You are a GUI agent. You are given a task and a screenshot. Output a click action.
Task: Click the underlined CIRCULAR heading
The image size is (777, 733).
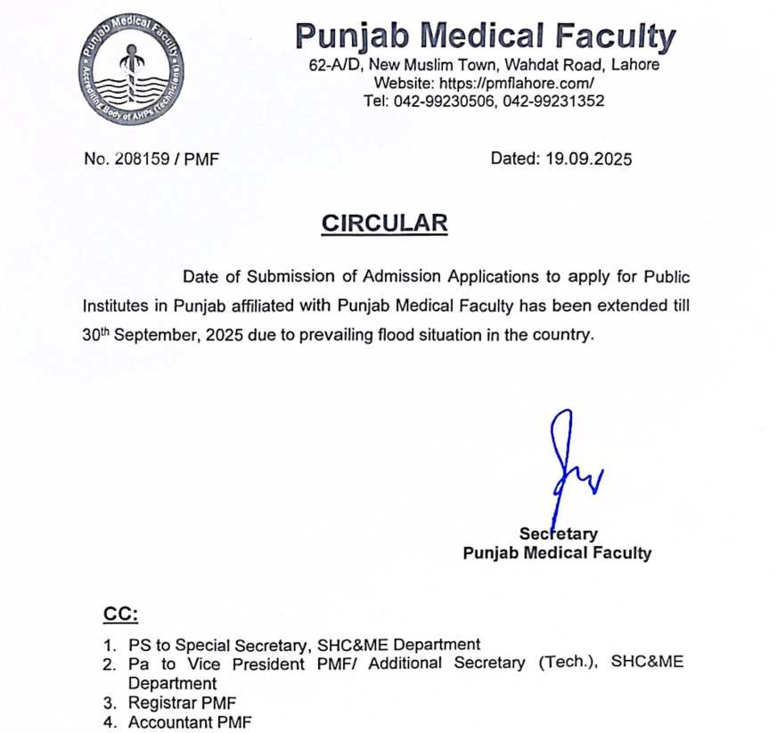(384, 223)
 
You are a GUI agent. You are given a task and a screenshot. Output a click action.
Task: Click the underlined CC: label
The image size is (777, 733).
(121, 615)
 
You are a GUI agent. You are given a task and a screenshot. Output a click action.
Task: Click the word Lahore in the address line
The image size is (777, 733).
(636, 65)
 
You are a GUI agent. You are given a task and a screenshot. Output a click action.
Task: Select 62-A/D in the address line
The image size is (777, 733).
(334, 65)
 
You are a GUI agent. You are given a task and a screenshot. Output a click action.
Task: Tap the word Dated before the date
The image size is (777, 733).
(512, 159)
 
